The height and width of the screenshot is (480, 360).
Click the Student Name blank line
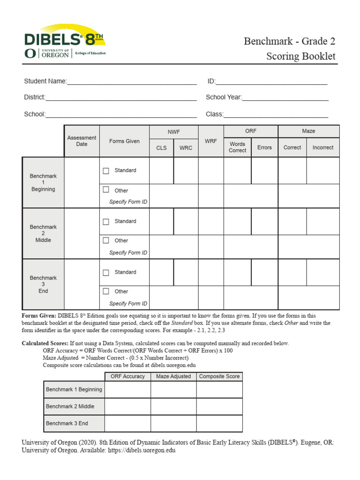point(132,82)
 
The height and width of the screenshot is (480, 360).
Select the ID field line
point(271,82)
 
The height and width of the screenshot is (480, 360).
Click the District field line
point(121,97)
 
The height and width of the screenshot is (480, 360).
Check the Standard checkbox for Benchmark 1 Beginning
point(106,171)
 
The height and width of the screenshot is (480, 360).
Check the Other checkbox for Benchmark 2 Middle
point(106,240)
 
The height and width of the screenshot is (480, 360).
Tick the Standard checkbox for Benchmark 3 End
point(106,272)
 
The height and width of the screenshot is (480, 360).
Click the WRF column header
point(211,141)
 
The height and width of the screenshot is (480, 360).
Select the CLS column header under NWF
point(161,148)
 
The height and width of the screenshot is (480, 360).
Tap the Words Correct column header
point(237,147)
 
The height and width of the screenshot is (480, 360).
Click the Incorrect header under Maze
point(323,147)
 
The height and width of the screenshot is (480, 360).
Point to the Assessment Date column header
point(82,141)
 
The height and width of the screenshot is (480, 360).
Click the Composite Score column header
point(219,376)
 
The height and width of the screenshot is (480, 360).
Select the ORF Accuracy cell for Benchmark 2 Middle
point(127,406)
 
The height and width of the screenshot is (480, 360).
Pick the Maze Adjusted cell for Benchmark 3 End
point(173,423)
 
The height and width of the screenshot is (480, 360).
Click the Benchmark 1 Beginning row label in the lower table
point(74,390)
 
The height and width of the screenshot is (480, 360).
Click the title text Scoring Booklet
point(301,56)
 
